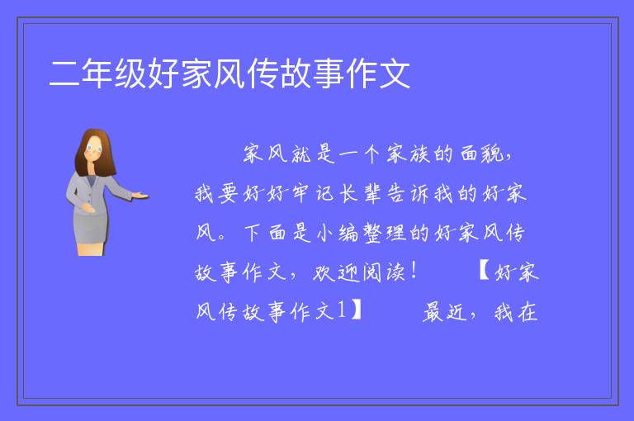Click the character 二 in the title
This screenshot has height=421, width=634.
click(x=64, y=73)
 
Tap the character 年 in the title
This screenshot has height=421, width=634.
click(x=97, y=73)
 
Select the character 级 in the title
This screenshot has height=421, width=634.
click(x=130, y=73)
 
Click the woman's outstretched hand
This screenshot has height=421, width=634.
click(x=140, y=196)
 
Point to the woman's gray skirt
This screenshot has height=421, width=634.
click(x=91, y=229)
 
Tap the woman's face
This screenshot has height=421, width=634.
click(x=93, y=149)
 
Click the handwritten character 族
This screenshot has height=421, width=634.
click(x=419, y=154)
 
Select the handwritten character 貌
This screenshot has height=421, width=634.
click(x=492, y=154)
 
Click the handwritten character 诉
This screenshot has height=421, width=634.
click(x=420, y=193)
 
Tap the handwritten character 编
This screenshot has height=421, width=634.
click(x=348, y=233)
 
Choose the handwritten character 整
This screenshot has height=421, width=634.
click(x=373, y=233)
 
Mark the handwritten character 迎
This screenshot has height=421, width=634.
click(x=348, y=272)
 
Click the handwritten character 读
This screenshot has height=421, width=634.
click(x=396, y=272)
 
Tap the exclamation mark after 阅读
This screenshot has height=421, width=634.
click(x=414, y=270)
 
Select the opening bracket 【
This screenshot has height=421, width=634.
click(x=484, y=270)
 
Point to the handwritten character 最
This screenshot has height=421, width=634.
click(x=433, y=312)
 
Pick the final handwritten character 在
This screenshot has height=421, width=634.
click(x=528, y=312)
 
